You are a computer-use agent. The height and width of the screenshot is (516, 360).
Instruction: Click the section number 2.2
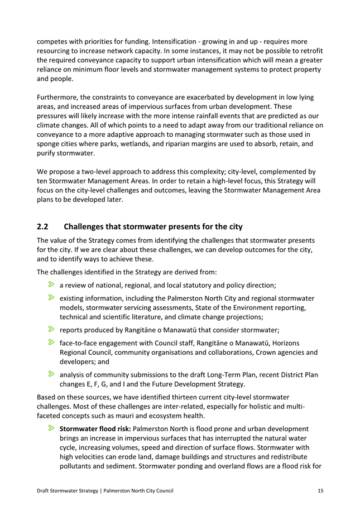43,226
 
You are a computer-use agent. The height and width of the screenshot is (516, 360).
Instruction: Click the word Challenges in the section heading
87,226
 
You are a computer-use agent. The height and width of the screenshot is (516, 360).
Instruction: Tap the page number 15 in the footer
320,490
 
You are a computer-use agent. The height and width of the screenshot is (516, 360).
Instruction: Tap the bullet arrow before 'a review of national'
51,286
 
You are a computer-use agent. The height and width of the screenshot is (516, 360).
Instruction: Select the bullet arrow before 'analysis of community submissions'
51,374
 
